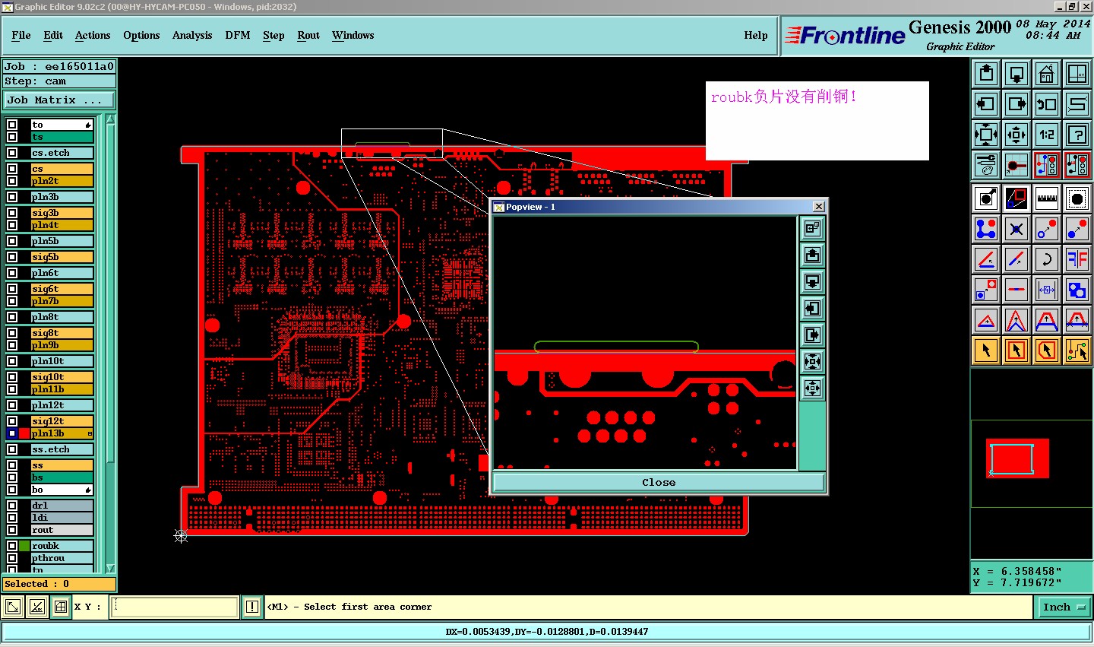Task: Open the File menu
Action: [x=21, y=35]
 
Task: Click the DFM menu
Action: [x=237, y=35]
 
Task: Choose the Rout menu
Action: [x=308, y=35]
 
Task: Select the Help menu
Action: [x=755, y=35]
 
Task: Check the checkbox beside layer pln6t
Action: [x=12, y=273]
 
